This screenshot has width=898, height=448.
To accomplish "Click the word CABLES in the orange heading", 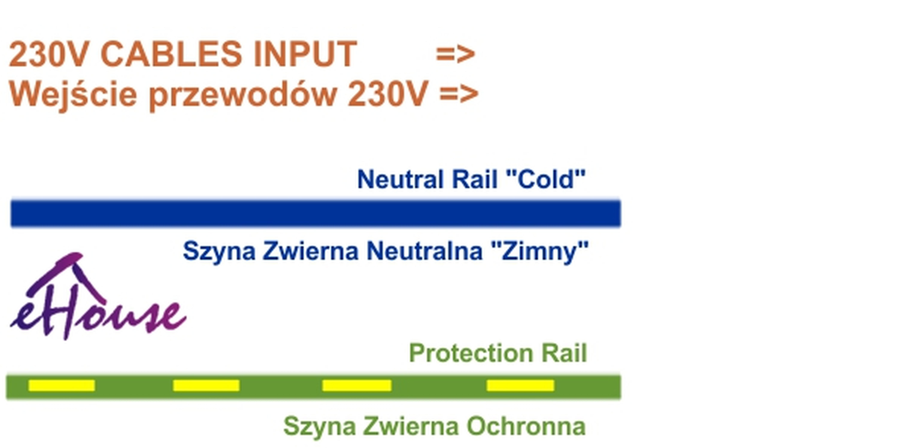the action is coord(171,54).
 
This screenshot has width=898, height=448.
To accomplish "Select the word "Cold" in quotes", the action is coord(545,179).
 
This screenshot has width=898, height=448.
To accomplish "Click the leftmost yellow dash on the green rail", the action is coord(62,386).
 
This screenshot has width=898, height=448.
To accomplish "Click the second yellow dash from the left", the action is coord(206,386).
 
